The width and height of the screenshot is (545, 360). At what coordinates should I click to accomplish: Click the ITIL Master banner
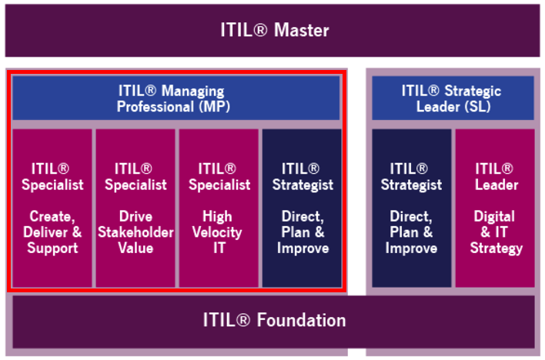[x=272, y=31]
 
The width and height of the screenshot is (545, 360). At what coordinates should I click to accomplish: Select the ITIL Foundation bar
[x=273, y=322]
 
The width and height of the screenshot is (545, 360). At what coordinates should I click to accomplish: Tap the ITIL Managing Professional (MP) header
[x=176, y=98]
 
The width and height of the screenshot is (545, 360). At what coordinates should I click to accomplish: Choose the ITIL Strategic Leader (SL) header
[x=453, y=98]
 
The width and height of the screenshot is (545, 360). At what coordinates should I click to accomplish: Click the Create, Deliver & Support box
[x=52, y=208]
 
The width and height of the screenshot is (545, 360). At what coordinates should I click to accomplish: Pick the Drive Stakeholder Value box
[x=135, y=208]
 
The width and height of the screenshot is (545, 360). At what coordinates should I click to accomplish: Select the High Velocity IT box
[x=219, y=208]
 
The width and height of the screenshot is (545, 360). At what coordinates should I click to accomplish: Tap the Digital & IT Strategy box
[x=495, y=208]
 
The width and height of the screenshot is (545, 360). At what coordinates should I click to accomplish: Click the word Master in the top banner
[x=301, y=30]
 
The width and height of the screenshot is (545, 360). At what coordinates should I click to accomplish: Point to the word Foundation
[x=301, y=320]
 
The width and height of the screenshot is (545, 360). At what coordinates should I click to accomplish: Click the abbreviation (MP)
[x=215, y=107]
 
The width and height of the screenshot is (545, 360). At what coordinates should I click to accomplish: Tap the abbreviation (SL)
[x=475, y=107]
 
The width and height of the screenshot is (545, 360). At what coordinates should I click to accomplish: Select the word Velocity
[x=217, y=232]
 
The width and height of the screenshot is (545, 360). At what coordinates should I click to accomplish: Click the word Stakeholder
[x=135, y=232]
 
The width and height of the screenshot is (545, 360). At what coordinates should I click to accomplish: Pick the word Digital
[x=494, y=216]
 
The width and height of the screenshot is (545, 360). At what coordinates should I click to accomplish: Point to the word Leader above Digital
[x=497, y=185]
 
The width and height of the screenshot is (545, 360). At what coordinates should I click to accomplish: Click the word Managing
[x=193, y=92]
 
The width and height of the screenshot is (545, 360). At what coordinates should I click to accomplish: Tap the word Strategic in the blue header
[x=473, y=92]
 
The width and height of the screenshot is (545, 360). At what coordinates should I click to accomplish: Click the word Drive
[x=135, y=216]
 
